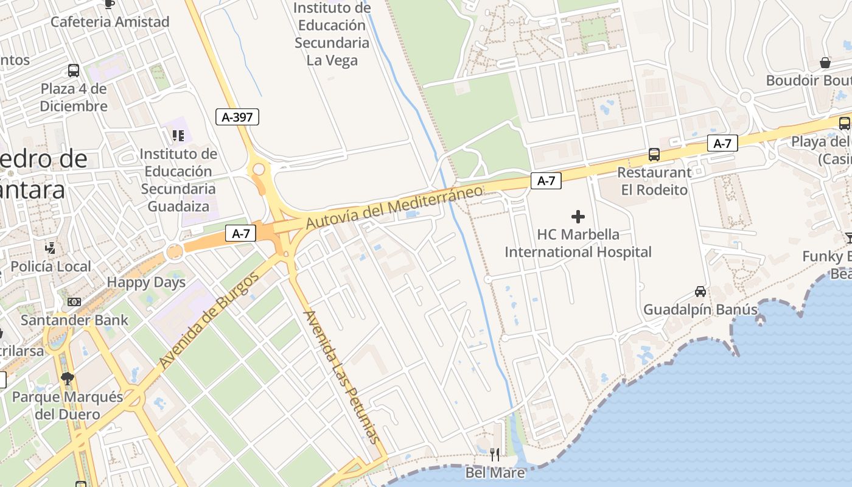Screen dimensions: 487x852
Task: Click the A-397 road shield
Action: (x=237, y=117)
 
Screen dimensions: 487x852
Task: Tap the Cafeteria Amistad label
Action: (x=110, y=22)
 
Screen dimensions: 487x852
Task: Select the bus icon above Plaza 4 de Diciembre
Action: (x=74, y=70)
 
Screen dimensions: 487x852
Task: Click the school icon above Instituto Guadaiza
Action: (x=178, y=135)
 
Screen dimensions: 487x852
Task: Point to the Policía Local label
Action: (x=51, y=267)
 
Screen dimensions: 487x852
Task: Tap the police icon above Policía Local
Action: (x=51, y=248)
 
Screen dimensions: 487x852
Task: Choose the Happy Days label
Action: (x=146, y=282)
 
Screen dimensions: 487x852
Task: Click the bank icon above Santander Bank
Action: (x=74, y=302)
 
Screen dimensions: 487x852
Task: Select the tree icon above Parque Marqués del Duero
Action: (x=67, y=379)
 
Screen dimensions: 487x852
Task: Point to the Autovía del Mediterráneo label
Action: (x=394, y=207)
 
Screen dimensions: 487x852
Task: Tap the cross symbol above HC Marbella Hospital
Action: (x=578, y=216)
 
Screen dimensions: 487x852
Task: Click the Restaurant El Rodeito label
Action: (x=654, y=181)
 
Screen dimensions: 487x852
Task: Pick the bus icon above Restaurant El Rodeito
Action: (x=654, y=155)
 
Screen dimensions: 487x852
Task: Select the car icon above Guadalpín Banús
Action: (x=700, y=292)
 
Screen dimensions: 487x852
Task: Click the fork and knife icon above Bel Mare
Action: (x=495, y=454)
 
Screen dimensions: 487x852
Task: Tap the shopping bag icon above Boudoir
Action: (x=825, y=62)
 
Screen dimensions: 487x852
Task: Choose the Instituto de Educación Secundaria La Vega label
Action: (x=332, y=34)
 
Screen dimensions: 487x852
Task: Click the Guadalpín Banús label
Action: (x=700, y=310)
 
